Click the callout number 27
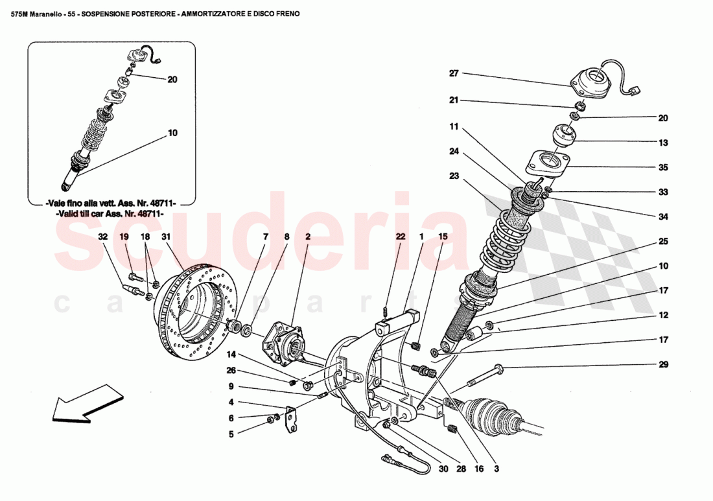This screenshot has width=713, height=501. click(x=454, y=74)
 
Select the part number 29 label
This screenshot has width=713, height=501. click(x=663, y=365)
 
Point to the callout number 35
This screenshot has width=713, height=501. click(x=663, y=167)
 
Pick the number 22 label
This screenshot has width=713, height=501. click(x=401, y=237)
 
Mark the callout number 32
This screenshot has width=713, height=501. click(x=102, y=237)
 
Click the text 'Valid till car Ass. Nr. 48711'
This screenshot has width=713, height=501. click(x=110, y=213)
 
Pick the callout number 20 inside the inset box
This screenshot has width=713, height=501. click(x=172, y=80)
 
